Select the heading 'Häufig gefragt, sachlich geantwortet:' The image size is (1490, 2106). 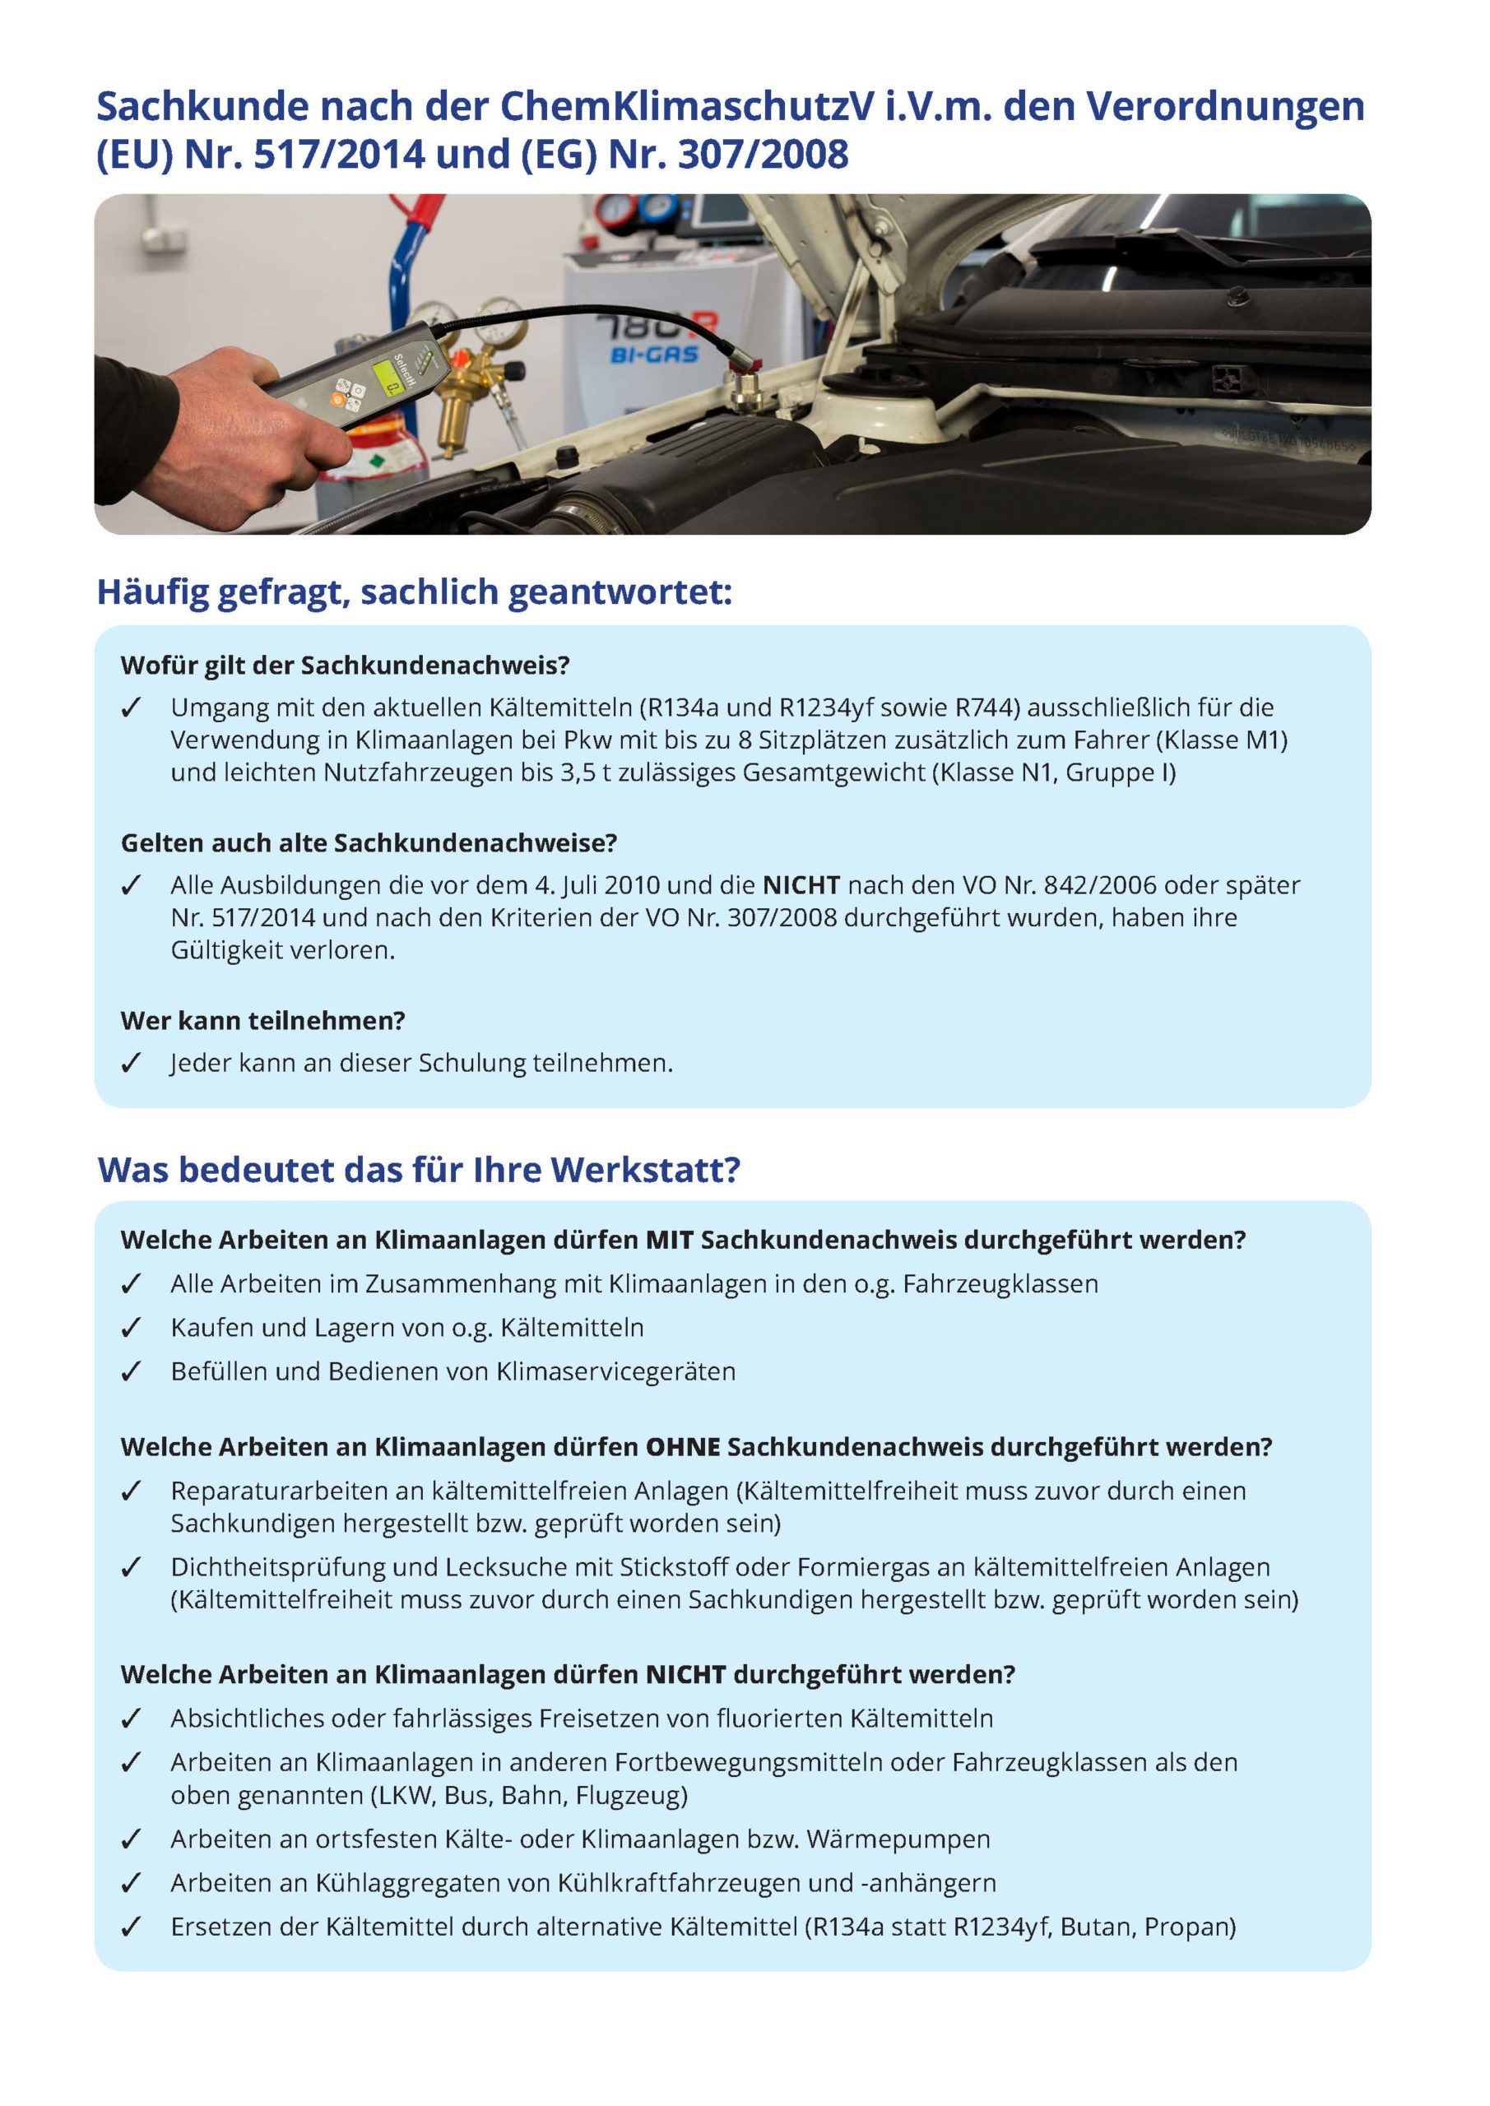pyautogui.click(x=415, y=592)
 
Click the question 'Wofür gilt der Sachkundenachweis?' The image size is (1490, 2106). pyautogui.click(x=345, y=665)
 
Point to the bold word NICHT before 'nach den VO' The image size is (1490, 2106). pyautogui.click(x=801, y=885)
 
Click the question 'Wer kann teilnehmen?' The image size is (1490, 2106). pyautogui.click(x=262, y=1021)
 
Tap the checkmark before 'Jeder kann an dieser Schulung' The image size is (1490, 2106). pyautogui.click(x=131, y=1063)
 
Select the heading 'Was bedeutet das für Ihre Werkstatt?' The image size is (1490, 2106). pyautogui.click(x=419, y=1170)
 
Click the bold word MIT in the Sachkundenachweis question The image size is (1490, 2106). pyautogui.click(x=669, y=1240)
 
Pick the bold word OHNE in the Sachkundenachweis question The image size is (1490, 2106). pyautogui.click(x=683, y=1447)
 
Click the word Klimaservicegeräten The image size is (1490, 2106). pyautogui.click(x=615, y=1372)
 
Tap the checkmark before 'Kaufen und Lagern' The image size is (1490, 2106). pyautogui.click(x=131, y=1328)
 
